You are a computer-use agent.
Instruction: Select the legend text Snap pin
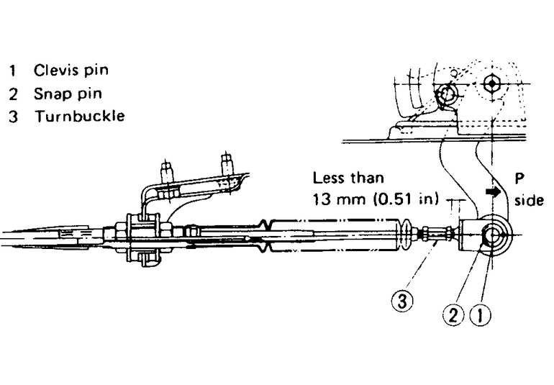point(68,93)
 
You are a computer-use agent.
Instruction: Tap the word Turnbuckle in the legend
point(78,115)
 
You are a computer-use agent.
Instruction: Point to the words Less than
point(348,178)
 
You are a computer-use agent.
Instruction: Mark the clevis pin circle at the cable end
point(494,235)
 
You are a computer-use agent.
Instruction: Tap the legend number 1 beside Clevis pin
point(13,71)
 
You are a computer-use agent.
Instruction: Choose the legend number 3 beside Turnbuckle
point(13,116)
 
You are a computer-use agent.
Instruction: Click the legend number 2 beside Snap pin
point(13,93)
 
